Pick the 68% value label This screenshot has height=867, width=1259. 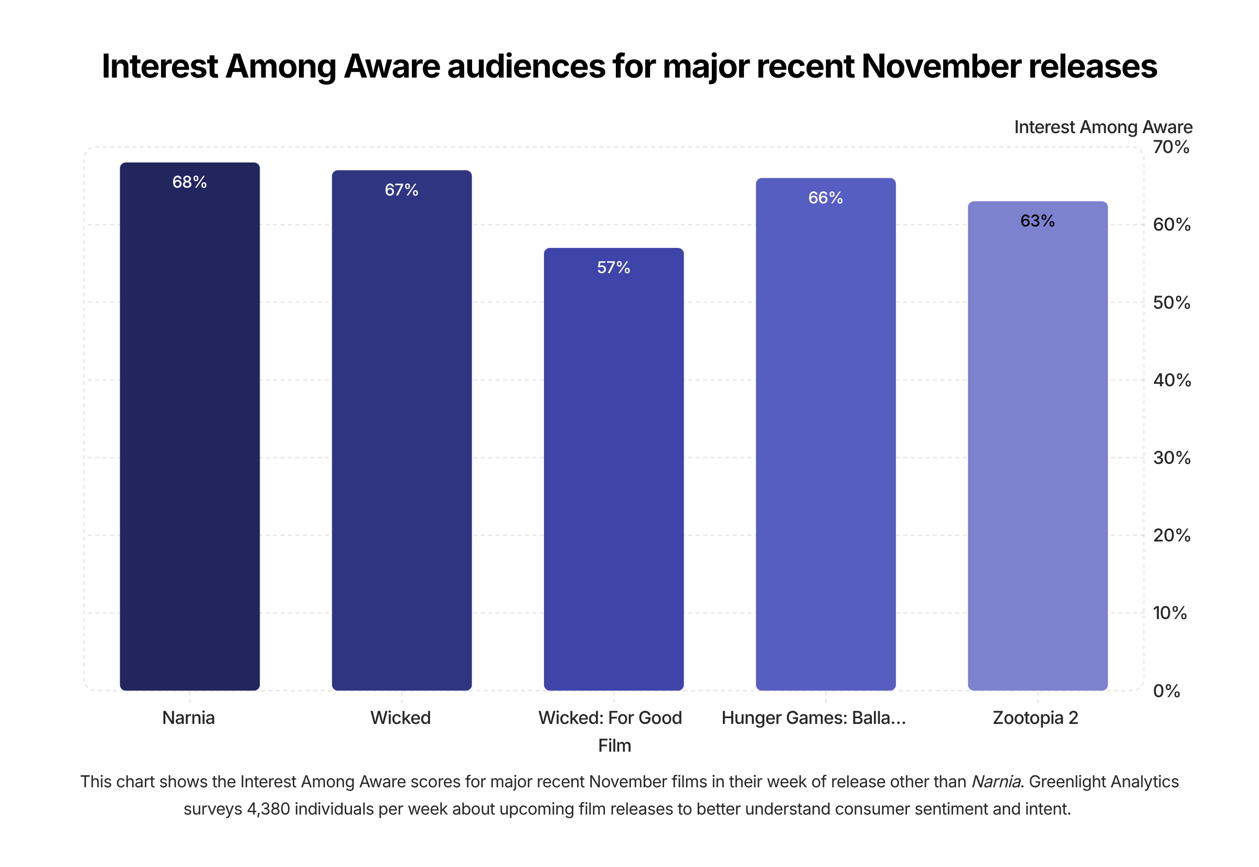click(189, 182)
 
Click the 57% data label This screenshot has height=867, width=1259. click(613, 267)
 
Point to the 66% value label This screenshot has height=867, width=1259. click(825, 198)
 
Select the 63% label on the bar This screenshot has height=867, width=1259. click(1037, 221)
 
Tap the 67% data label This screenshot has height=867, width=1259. click(401, 190)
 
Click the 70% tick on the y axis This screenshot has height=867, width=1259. click(1171, 147)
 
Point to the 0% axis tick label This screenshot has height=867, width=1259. click(1167, 691)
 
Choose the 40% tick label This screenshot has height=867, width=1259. click(1171, 380)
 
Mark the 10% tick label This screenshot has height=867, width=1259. click(1169, 613)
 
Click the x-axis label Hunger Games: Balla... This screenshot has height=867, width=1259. click(813, 718)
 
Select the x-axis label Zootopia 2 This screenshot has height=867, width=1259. click(1035, 718)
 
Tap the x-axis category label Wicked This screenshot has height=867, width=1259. click(400, 718)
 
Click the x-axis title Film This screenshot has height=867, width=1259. click(614, 746)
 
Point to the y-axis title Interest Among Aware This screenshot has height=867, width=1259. click(1103, 127)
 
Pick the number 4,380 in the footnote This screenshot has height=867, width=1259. click(268, 809)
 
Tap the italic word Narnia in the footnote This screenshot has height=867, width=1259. click(995, 782)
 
